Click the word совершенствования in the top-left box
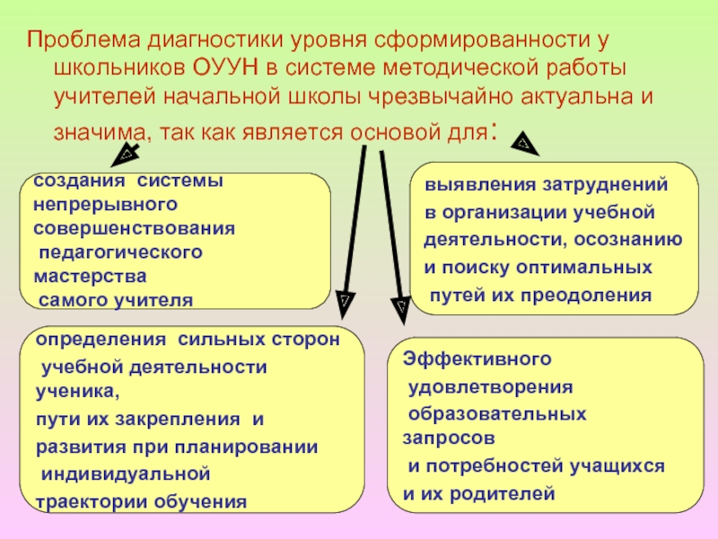(x=134, y=227)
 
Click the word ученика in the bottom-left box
(x=74, y=392)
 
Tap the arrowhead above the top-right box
(x=523, y=142)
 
